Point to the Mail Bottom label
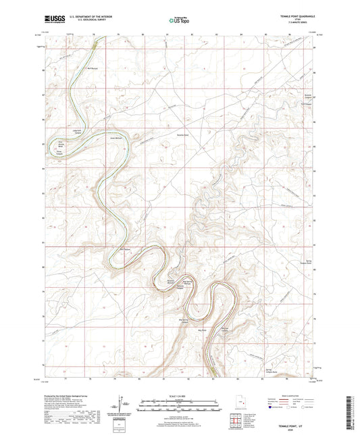[x=93, y=68]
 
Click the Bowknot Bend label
[x=171, y=278]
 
